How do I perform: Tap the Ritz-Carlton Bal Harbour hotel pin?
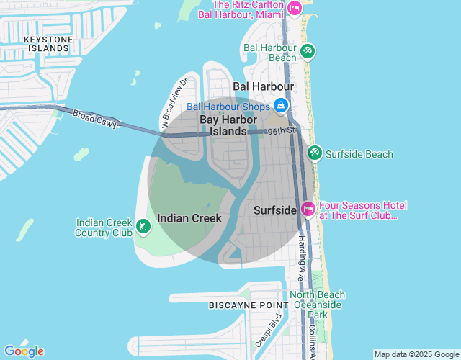(x=294, y=8)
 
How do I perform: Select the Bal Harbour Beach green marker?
(x=308, y=51)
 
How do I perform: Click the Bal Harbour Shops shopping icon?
(x=279, y=107)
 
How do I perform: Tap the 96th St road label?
(x=282, y=132)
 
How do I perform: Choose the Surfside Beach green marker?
(x=315, y=153)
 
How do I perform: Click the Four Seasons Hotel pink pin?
(x=308, y=210)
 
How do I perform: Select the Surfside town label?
(x=276, y=210)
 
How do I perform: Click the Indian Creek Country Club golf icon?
(x=143, y=228)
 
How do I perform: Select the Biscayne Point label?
(x=243, y=305)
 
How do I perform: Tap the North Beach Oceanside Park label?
(x=318, y=305)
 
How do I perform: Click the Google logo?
(x=24, y=351)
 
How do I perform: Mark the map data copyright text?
(x=416, y=354)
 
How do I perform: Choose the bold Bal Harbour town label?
(x=264, y=86)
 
